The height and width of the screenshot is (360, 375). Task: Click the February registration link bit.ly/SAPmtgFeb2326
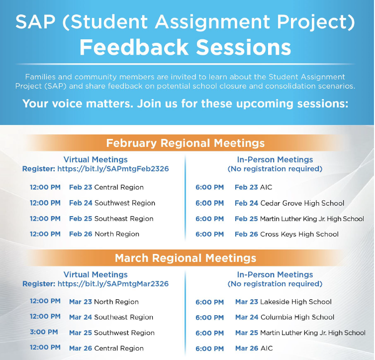[x=113, y=169]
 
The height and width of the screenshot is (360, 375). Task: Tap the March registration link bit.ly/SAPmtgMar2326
[x=113, y=284]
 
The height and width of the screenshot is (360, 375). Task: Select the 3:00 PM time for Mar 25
[x=44, y=332]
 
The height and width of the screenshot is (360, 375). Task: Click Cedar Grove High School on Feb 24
[x=302, y=203]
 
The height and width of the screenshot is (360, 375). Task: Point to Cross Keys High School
[x=299, y=234]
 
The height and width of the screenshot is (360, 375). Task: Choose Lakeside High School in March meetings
[x=295, y=302]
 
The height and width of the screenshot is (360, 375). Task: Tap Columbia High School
[x=297, y=317]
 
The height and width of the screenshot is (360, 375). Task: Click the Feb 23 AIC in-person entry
[x=254, y=187]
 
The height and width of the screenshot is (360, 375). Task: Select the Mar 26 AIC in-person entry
[x=254, y=348]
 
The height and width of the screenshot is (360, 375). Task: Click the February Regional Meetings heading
[x=186, y=143]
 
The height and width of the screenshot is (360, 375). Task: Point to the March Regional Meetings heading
[x=186, y=258]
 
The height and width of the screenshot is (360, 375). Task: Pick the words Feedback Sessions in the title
[x=185, y=47]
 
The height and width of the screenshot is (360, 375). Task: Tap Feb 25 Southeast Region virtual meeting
[x=111, y=219]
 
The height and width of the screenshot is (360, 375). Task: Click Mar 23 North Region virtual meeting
[x=104, y=302]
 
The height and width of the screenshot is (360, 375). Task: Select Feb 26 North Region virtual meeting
[x=104, y=234]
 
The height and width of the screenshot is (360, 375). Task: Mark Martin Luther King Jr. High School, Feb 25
[x=299, y=219]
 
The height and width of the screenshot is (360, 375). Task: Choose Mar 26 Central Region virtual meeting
[x=106, y=348]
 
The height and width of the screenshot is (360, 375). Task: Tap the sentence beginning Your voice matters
[x=186, y=104]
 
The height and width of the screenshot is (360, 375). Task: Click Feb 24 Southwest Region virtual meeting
[x=112, y=203]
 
